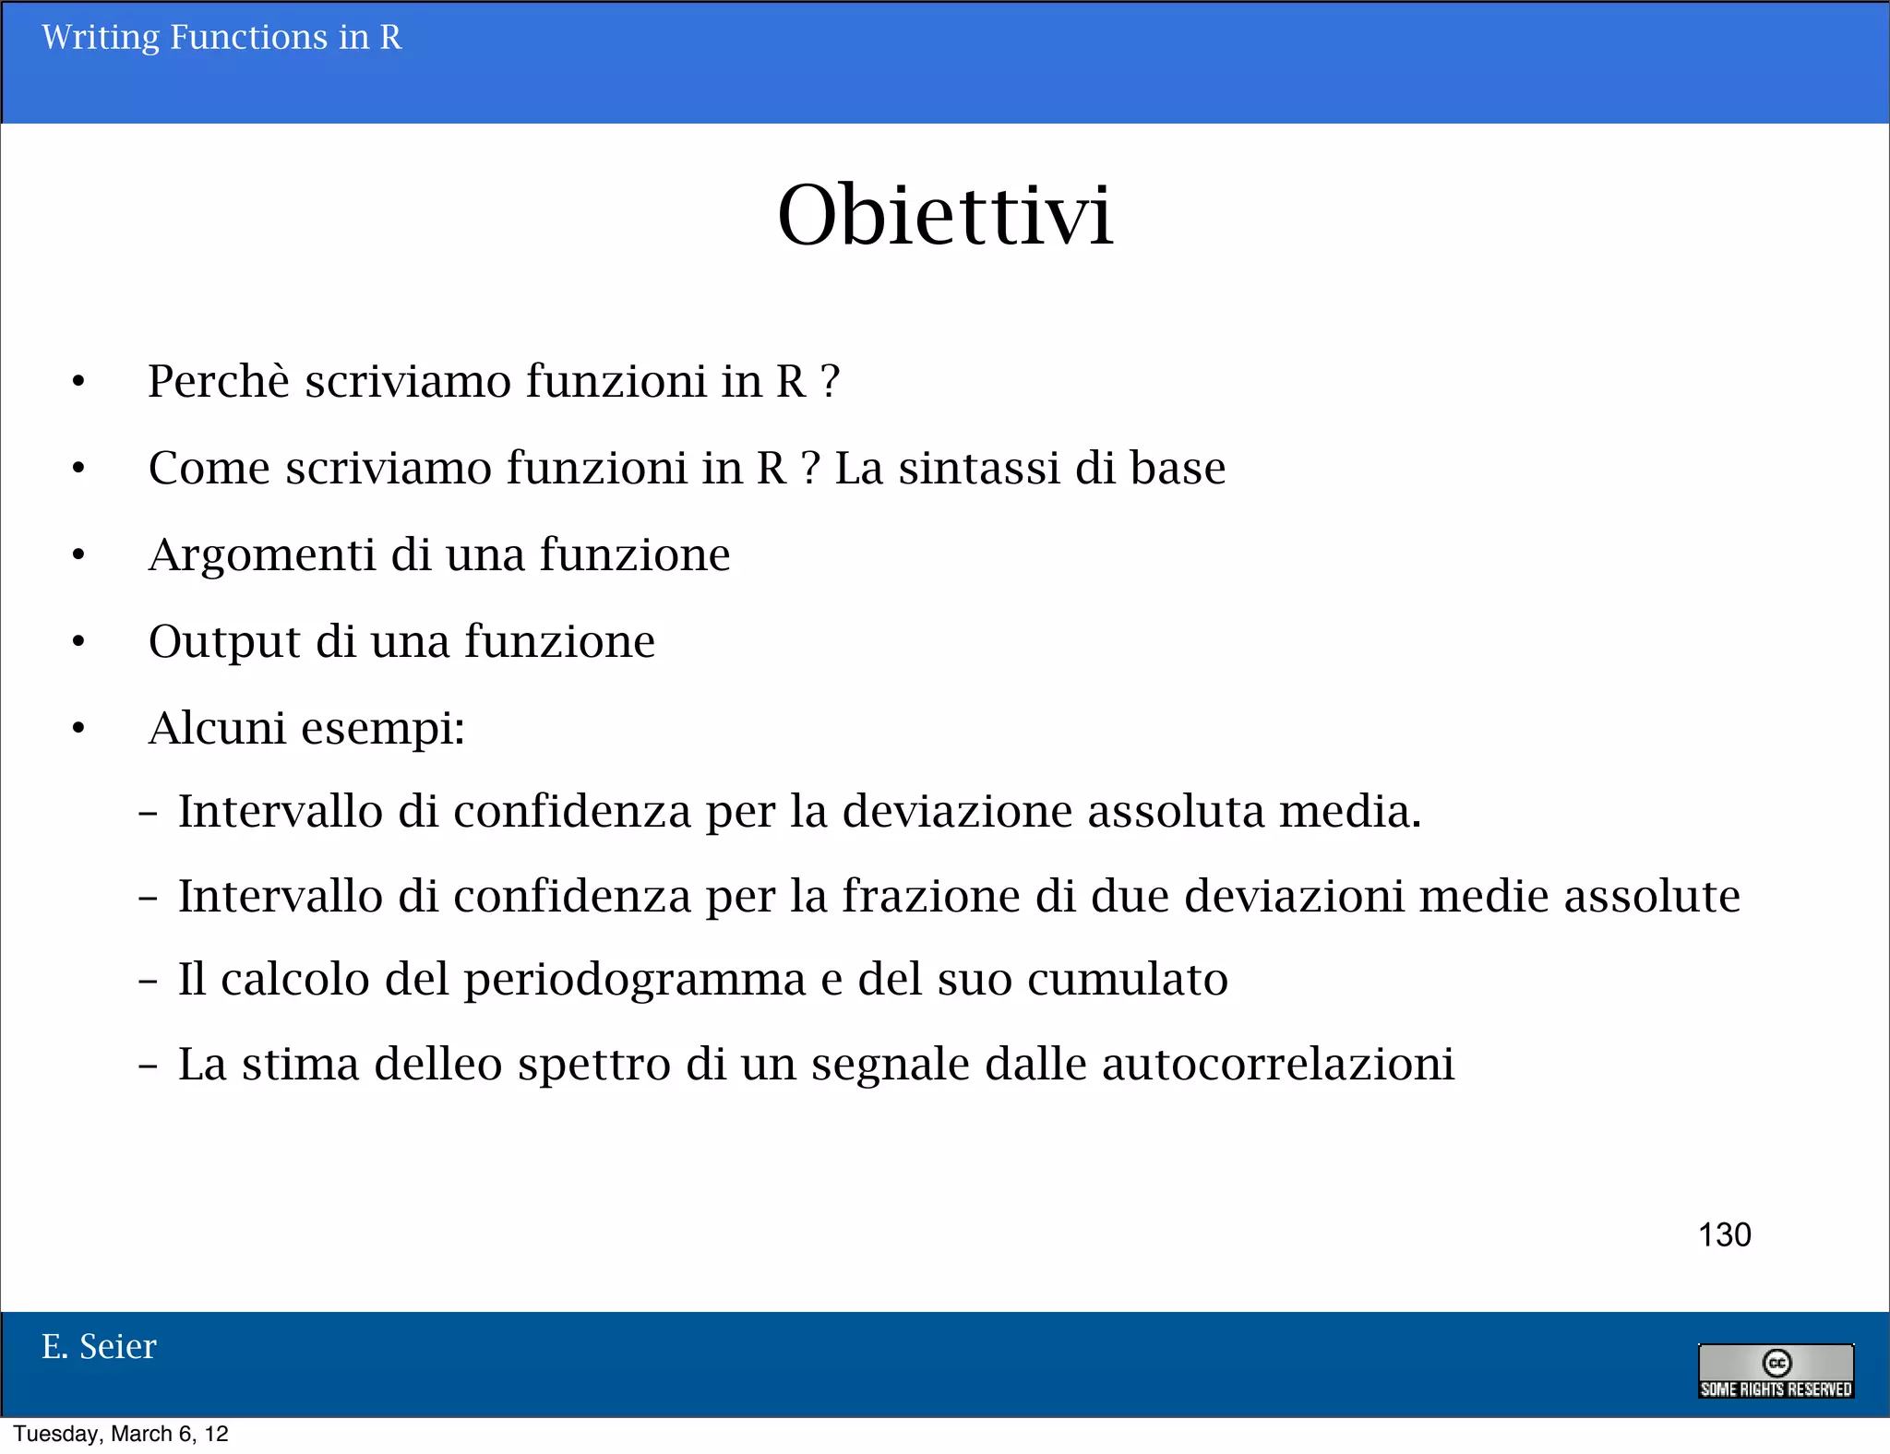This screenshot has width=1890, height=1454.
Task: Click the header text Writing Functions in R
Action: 221,38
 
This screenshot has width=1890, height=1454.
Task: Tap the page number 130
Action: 1724,1234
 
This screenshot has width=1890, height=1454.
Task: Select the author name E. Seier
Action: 99,1347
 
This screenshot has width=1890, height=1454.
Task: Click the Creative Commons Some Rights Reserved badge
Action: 1776,1371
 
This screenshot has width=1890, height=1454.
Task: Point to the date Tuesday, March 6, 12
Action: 121,1434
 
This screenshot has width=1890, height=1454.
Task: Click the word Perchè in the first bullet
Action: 219,381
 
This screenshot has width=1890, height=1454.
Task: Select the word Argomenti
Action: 261,555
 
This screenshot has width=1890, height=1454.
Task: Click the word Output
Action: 224,642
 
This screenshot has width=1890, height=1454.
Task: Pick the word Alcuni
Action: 217,728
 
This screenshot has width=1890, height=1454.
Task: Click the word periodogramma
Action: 634,980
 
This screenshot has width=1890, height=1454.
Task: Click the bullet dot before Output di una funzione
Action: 78,641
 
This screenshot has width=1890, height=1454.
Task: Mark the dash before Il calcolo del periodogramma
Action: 148,980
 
